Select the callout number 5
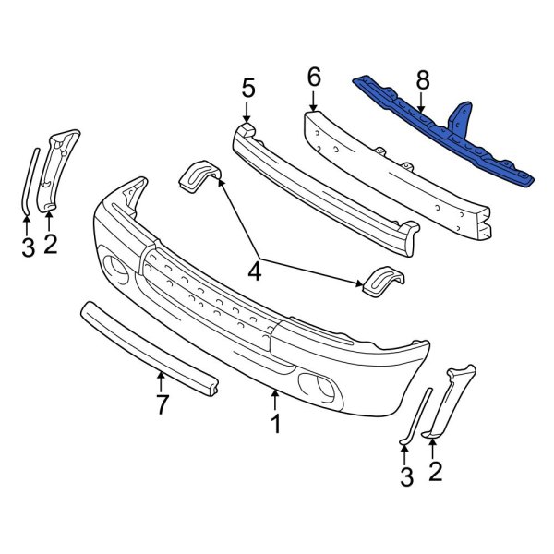[247, 89]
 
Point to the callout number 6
[314, 78]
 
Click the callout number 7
[161, 403]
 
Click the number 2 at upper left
[50, 244]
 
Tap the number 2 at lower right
[435, 472]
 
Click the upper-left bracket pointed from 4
[196, 175]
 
